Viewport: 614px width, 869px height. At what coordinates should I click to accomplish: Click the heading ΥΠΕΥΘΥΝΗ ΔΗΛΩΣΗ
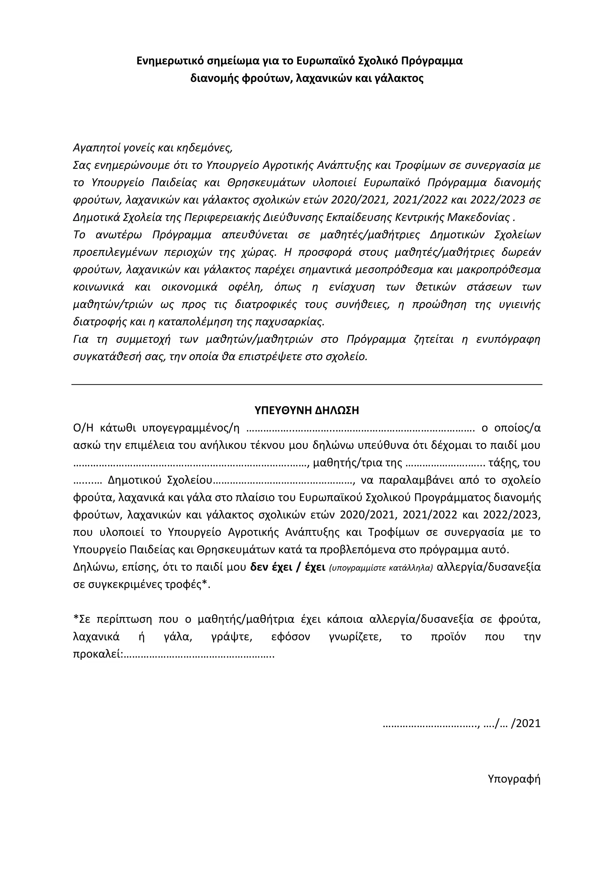point(307,411)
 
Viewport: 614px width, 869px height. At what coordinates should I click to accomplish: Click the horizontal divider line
point(307,385)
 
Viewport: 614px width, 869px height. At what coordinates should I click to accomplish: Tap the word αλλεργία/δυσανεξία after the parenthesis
point(488,568)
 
